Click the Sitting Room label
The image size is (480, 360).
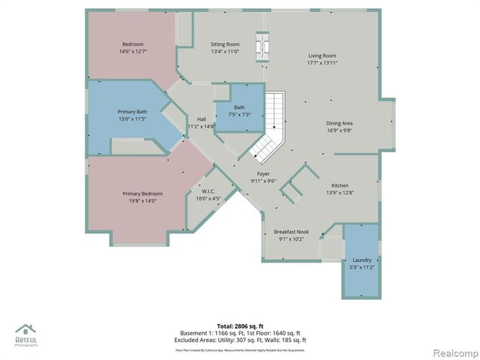click(x=224, y=44)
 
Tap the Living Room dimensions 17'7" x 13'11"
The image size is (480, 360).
click(x=323, y=63)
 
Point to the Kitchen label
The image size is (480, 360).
click(x=340, y=185)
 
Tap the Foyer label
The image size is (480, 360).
click(x=263, y=173)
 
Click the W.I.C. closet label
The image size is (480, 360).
click(x=208, y=191)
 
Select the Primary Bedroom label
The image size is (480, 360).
click(x=142, y=193)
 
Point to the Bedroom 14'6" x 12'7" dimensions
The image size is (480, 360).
click(x=133, y=52)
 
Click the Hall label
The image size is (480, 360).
click(x=201, y=119)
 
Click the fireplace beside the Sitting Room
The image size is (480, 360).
click(x=261, y=46)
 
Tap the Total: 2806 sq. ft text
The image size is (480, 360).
click(x=239, y=326)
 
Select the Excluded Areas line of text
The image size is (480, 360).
click(x=240, y=340)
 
